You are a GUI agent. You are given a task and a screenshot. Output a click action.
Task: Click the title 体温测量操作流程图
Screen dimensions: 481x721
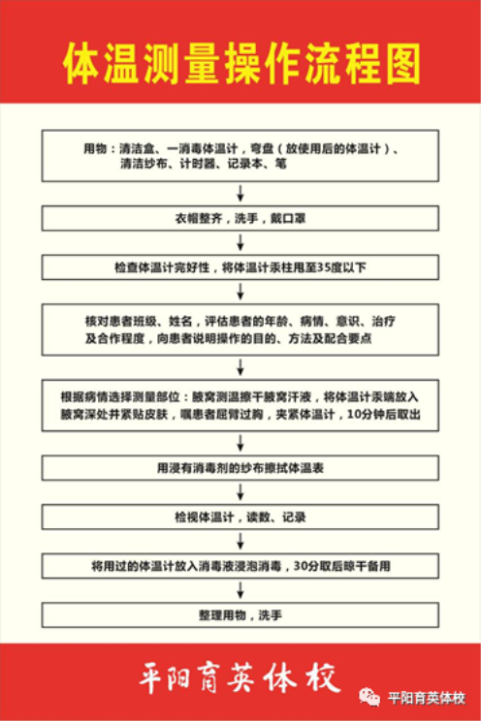point(241,64)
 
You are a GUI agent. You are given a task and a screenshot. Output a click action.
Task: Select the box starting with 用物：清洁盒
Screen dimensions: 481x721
point(240,156)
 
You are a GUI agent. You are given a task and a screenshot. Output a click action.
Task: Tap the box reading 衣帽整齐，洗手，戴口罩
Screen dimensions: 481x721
point(240,218)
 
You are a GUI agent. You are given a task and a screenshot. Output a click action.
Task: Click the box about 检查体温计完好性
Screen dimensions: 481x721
point(240,267)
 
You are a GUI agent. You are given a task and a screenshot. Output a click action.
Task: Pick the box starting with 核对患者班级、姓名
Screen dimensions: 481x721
point(240,329)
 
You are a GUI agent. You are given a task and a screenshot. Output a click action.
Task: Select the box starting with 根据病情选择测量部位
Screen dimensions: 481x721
point(240,405)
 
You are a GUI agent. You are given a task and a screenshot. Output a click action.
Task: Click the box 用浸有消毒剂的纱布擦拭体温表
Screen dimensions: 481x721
point(240,468)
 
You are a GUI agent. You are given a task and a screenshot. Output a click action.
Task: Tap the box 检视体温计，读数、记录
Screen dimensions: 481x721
point(240,517)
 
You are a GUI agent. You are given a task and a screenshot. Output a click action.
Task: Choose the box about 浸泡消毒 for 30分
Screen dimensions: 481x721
point(240,566)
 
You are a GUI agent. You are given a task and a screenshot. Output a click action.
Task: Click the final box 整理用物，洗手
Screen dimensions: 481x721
point(240,615)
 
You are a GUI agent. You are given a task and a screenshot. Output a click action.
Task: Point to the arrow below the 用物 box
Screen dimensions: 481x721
point(240,194)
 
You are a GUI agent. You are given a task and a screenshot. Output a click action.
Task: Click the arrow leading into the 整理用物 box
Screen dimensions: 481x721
point(240,590)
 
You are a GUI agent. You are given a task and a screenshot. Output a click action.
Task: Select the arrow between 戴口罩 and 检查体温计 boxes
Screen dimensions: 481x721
point(240,243)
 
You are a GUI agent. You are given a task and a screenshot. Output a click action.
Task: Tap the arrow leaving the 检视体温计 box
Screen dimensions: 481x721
point(240,542)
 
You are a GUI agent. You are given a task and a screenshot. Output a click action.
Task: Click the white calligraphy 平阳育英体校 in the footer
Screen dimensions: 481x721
point(240,676)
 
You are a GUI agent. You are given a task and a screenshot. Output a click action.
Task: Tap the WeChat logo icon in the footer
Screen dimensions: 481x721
point(369,697)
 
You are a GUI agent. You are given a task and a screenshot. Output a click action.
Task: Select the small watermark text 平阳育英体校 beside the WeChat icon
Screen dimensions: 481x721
point(427,698)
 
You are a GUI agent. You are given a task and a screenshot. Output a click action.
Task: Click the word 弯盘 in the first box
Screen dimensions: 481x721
point(262,149)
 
